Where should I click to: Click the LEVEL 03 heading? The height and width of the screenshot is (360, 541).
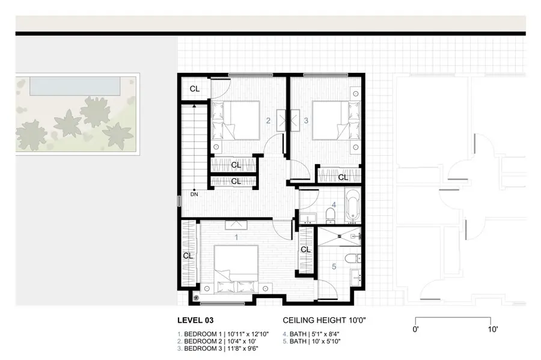[x=195, y=320]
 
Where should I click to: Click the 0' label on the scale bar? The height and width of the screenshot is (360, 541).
[x=416, y=329]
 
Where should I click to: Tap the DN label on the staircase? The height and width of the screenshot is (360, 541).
[x=194, y=194]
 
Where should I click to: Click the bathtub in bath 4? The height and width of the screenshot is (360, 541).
[x=352, y=204]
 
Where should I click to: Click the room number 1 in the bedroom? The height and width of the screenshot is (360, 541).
[x=236, y=237]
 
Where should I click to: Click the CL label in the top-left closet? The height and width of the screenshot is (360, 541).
[x=195, y=89]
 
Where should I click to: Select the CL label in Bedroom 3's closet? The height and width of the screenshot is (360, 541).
[x=343, y=177]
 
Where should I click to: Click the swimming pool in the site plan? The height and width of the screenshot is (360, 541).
[x=66, y=87]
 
